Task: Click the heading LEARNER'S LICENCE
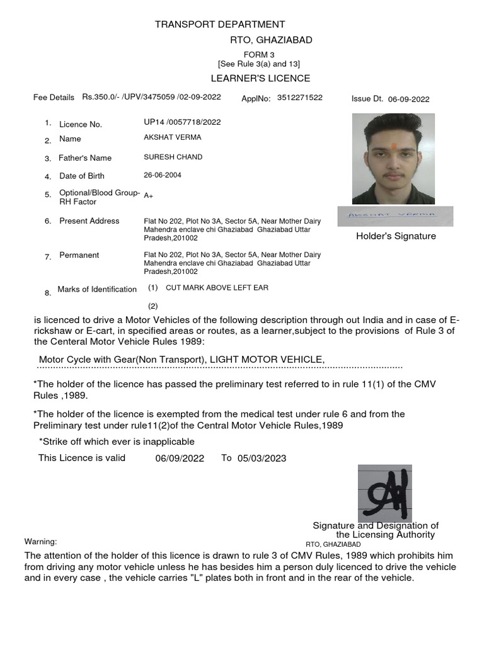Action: click(260, 78)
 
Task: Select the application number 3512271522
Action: click(300, 98)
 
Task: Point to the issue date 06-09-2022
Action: click(408, 99)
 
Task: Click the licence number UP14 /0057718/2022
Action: click(182, 122)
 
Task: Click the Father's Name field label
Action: click(85, 158)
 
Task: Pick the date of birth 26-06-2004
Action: click(163, 175)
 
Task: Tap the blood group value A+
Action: click(149, 196)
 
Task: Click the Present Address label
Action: click(89, 221)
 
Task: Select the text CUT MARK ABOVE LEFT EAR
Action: click(217, 288)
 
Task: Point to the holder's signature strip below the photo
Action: click(395, 215)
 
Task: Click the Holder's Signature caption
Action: click(396, 236)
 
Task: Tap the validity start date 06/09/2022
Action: click(180, 459)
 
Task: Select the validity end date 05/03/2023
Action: click(262, 459)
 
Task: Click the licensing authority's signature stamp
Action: click(384, 493)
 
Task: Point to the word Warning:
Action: click(40, 542)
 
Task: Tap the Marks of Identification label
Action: click(97, 290)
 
